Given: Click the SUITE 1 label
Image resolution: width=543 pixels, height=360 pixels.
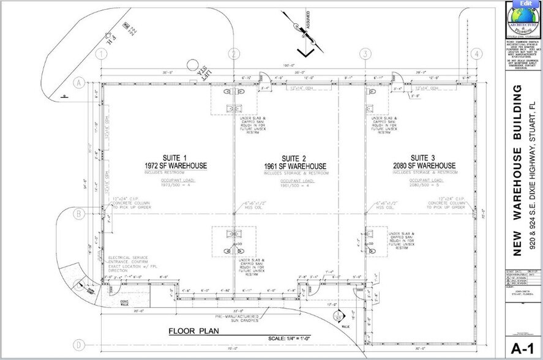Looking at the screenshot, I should [x=176, y=157].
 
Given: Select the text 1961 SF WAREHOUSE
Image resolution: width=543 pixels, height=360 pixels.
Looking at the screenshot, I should [x=296, y=167].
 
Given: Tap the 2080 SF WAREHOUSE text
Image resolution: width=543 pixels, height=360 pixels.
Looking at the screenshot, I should [x=424, y=166].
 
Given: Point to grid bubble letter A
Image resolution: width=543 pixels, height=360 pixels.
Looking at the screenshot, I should [x=78, y=82].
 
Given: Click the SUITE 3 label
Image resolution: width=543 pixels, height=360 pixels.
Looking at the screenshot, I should [x=424, y=157].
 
